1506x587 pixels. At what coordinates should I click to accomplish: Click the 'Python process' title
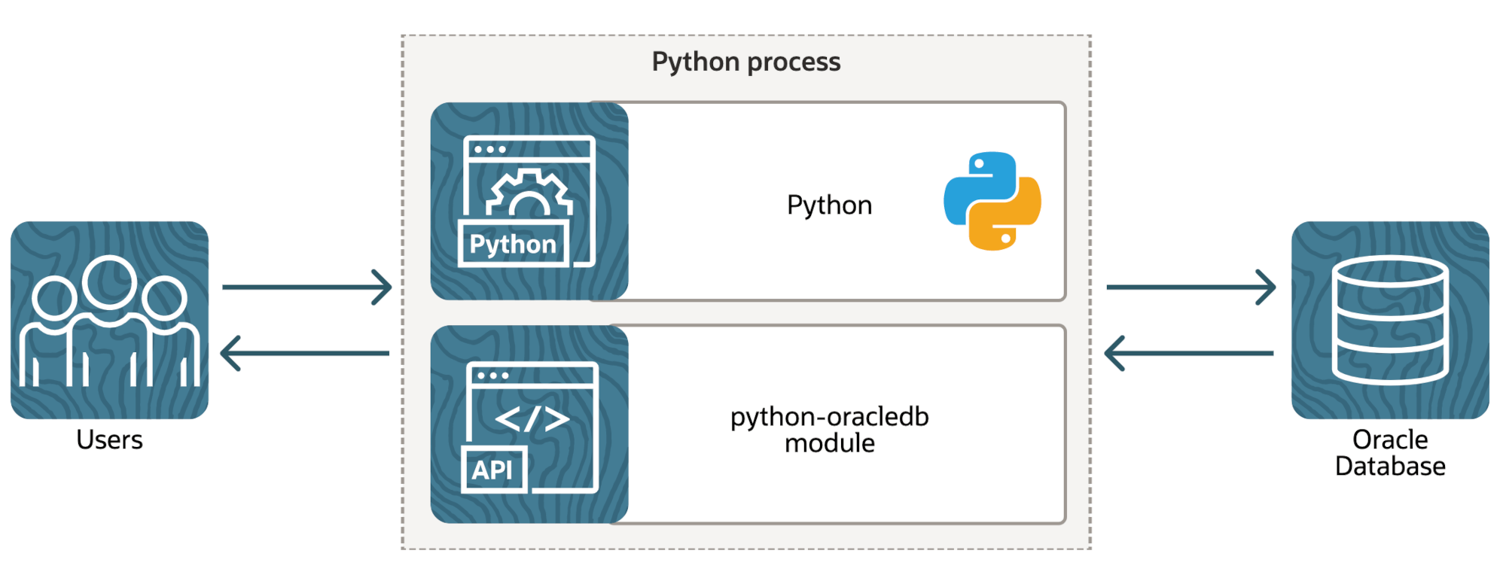(745, 62)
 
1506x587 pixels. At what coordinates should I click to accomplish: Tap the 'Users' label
(109, 439)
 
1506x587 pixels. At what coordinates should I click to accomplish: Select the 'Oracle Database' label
(1390, 452)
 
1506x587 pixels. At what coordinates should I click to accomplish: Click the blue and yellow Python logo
(992, 201)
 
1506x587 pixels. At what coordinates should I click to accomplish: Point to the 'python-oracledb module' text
(829, 430)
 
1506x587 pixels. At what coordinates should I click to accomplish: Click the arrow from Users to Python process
(306, 287)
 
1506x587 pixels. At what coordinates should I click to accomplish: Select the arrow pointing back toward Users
(305, 353)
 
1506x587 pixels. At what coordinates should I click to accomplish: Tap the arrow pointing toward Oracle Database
(1190, 287)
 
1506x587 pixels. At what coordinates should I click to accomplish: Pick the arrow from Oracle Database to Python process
(1189, 353)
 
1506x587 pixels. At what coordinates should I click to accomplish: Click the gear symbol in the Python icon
(529, 194)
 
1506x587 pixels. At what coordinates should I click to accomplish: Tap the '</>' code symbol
(532, 419)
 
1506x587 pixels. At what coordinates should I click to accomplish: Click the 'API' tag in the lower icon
(492, 470)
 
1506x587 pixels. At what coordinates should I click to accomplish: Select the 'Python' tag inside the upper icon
(513, 244)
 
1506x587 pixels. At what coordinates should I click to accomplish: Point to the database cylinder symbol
(1390, 320)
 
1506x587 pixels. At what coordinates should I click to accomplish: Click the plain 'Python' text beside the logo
(829, 205)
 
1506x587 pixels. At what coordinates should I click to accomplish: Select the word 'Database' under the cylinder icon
(1390, 467)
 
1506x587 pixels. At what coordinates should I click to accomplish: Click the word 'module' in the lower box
(829, 443)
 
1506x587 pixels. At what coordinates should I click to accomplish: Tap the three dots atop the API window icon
(493, 375)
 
